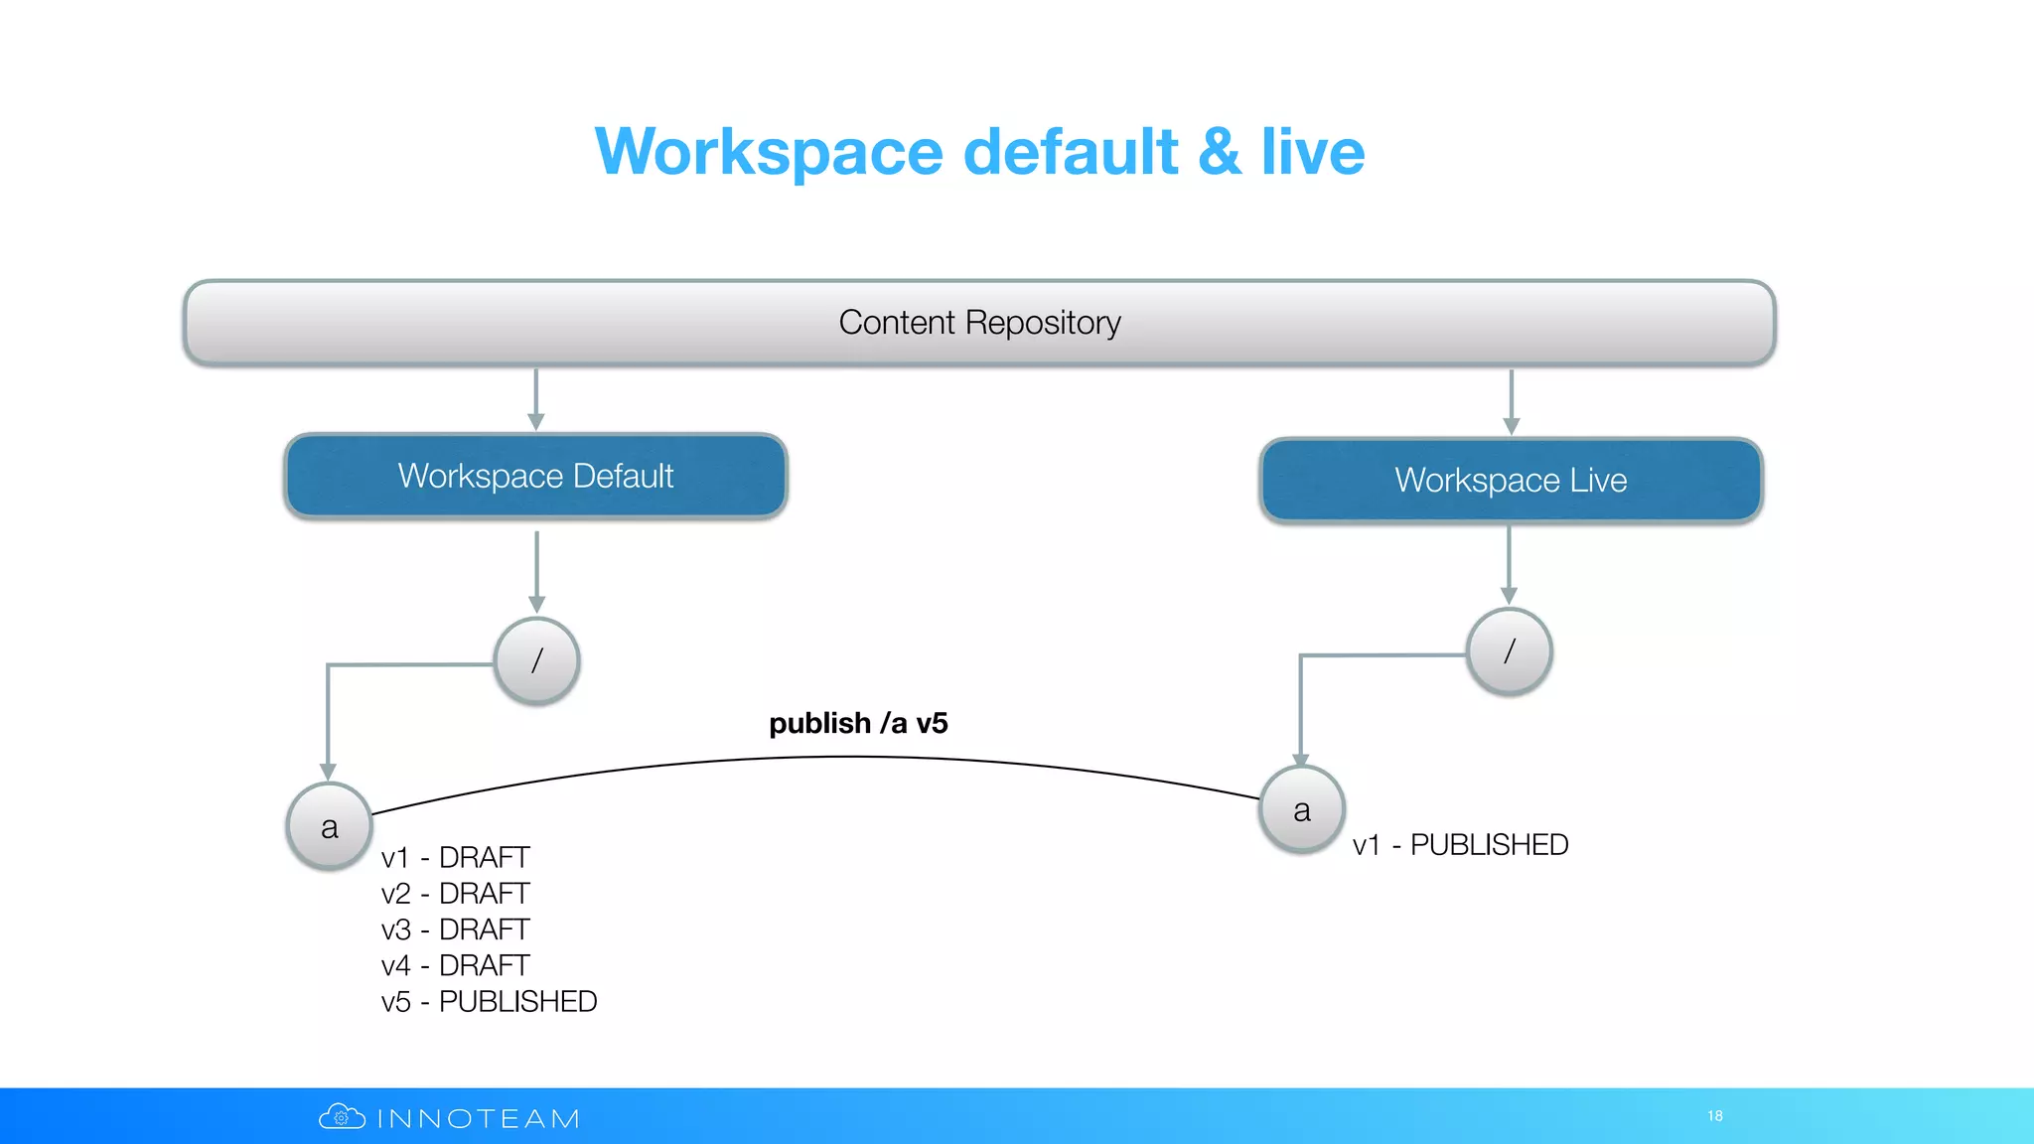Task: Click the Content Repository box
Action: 979,323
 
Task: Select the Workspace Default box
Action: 535,476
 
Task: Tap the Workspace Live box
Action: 1511,481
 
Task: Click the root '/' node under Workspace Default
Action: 537,660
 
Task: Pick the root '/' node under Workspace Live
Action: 1509,651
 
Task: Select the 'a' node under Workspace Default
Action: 330,826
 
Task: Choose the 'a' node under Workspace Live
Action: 1302,809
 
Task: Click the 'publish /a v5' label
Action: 858,723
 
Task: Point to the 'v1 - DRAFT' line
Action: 455,857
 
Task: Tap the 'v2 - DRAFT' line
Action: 455,894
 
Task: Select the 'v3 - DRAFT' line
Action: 455,929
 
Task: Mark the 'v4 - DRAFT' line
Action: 455,965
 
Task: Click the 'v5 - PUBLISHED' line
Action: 489,1001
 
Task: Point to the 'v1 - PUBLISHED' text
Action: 1460,844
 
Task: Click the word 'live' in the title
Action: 1313,152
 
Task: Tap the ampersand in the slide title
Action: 1220,152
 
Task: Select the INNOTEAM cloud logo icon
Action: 342,1117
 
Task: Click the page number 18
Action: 1715,1116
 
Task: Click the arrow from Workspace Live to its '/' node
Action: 1509,564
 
